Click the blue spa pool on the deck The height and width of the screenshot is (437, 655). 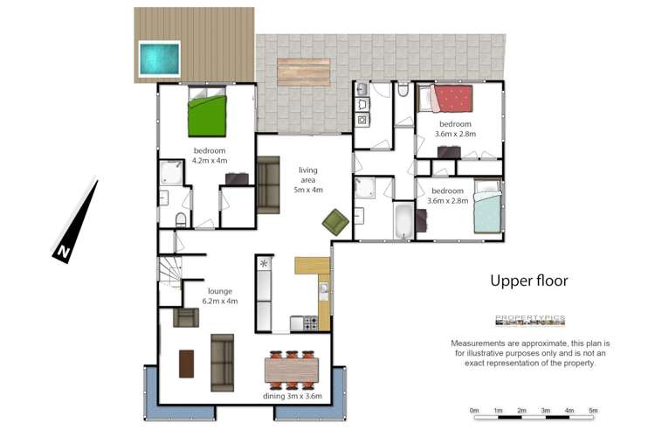[x=159, y=58]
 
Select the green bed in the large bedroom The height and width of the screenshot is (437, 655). [x=208, y=113]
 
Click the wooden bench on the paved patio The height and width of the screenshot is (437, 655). [x=303, y=72]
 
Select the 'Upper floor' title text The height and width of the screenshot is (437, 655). [x=528, y=281]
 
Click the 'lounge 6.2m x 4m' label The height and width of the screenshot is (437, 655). [x=222, y=295]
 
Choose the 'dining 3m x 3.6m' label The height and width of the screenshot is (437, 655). [x=293, y=396]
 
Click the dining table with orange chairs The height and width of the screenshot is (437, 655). [x=292, y=371]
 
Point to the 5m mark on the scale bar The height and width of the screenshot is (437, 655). [x=592, y=410]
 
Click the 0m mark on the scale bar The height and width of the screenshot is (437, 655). [x=474, y=410]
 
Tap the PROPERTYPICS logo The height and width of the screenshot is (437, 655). [x=530, y=319]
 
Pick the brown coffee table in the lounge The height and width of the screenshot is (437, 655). [x=186, y=364]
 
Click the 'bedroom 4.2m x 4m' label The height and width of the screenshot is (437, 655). [x=210, y=156]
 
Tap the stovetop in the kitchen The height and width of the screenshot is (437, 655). [x=307, y=323]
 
